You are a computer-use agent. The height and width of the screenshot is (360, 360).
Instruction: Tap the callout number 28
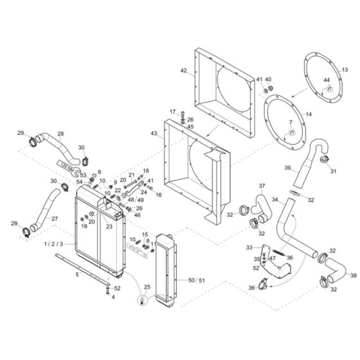point(60,134)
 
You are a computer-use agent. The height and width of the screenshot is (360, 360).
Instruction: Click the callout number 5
point(76,274)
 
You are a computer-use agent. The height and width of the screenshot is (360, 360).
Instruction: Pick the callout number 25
point(147,286)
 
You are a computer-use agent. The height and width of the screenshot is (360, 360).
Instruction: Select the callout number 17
point(172,112)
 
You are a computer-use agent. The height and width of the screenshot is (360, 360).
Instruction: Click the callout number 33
point(249,247)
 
